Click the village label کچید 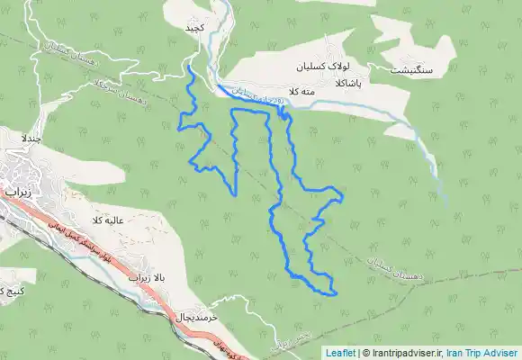point(195,28)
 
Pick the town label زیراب point(16,193)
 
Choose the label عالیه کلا point(105,220)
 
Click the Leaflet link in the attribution point(341,353)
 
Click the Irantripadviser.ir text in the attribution point(405,353)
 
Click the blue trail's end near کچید point(190,66)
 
